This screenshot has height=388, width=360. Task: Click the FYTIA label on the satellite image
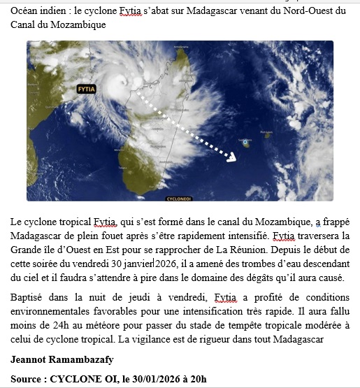click(x=86, y=89)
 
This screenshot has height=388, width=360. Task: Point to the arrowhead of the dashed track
click(x=233, y=159)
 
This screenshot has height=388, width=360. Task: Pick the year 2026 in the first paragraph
click(x=171, y=264)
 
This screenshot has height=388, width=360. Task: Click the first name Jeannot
click(x=30, y=360)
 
